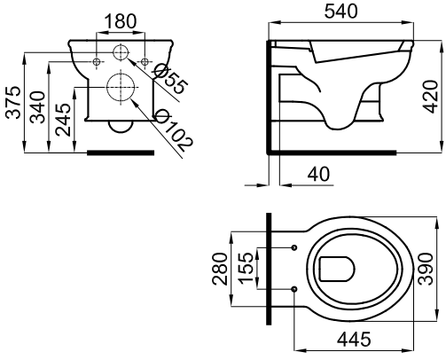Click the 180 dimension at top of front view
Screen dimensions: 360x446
click(x=120, y=20)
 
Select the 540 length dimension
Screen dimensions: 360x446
click(x=355, y=12)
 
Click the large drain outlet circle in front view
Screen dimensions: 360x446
click(x=121, y=87)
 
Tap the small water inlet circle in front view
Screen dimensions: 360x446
click(x=121, y=54)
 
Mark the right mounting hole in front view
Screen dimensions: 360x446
click(x=145, y=60)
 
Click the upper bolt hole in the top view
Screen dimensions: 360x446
click(x=293, y=247)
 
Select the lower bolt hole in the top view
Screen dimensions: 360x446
click(x=293, y=289)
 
